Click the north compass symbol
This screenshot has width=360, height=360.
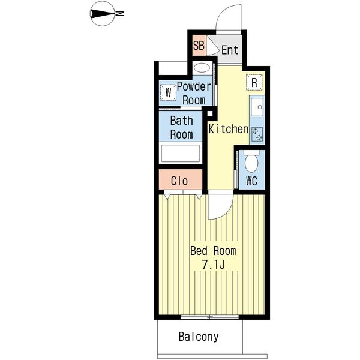pos(103,14)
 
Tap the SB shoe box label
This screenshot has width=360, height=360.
pos(199,45)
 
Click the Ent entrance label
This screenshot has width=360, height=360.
pos(230,50)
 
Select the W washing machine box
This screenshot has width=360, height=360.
pos(168,92)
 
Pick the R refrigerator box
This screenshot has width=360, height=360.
pos(254,82)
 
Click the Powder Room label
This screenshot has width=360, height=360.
pos(194,94)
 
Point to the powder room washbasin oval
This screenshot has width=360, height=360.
pos(202,68)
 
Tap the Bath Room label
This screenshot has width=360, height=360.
pos(182,128)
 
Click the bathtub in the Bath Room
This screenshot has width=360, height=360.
pos(181,154)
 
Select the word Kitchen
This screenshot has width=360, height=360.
pos(229,129)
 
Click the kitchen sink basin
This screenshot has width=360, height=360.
pos(257,107)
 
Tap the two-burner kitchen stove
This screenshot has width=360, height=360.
pos(257,134)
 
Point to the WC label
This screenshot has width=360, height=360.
pos(251,181)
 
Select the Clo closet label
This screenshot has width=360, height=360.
pos(179,181)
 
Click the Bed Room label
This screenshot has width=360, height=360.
pos(213,251)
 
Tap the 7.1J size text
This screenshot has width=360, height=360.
pos(213,265)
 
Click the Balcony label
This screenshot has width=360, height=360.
pos(199,337)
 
